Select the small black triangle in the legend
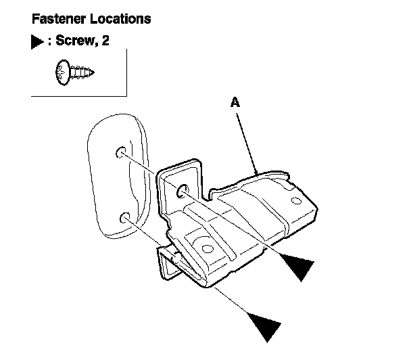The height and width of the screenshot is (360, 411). [36, 42]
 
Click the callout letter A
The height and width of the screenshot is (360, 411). [235, 102]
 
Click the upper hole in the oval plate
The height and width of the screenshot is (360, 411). [121, 152]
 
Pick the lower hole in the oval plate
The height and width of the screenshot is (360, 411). [124, 218]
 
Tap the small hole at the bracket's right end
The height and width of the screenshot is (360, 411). [295, 200]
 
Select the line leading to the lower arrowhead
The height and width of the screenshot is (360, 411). [196, 271]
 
